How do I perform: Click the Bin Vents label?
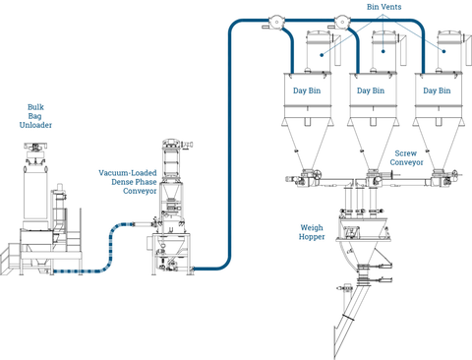pyautogui.click(x=383, y=7)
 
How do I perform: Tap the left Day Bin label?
pyautogui.click(x=307, y=90)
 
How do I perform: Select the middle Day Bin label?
pyautogui.click(x=371, y=90)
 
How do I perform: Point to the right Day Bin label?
pyautogui.click(x=437, y=90)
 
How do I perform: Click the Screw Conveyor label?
pyautogui.click(x=406, y=157)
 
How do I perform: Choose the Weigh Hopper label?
pyautogui.click(x=312, y=232)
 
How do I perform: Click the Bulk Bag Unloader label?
pyautogui.click(x=35, y=116)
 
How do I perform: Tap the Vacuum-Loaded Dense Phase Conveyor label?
pyautogui.click(x=128, y=182)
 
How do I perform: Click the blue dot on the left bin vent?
pyautogui.click(x=322, y=55)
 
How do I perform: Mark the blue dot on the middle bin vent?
pyautogui.click(x=383, y=51)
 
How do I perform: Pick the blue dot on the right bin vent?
pyautogui.click(x=443, y=51)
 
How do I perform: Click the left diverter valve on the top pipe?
pyautogui.click(x=276, y=22)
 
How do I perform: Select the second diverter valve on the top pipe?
pyautogui.click(x=342, y=22)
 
